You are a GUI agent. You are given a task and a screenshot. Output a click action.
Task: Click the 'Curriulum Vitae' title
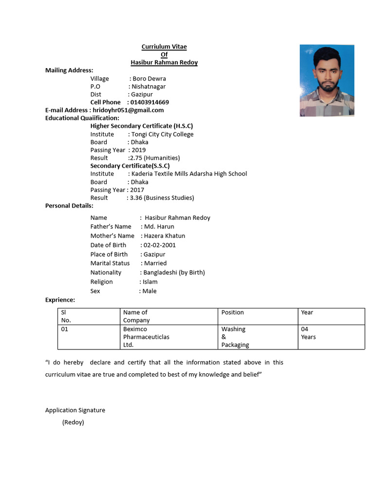tap(164, 47)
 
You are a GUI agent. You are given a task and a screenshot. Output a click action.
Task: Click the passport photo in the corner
tap(327, 80)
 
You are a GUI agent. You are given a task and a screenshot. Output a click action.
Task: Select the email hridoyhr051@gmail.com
tap(128, 110)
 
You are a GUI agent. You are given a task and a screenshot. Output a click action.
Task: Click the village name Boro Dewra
tap(149, 78)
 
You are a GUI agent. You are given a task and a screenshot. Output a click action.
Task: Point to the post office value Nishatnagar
tap(149, 86)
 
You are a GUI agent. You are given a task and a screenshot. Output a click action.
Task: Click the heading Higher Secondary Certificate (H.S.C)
tap(141, 126)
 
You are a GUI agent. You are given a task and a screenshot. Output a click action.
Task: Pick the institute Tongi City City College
tap(162, 134)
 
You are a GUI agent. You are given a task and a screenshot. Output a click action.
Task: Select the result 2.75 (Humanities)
tap(154, 158)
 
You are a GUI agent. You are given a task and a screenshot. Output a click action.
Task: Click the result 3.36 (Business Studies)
tap(162, 198)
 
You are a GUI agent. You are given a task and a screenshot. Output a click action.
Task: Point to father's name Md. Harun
tap(159, 227)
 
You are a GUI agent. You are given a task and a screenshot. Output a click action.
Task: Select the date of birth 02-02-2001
tap(160, 245)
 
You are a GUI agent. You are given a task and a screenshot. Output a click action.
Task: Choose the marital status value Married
tap(155, 263)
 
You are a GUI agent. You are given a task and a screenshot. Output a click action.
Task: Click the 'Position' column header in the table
tap(232, 312)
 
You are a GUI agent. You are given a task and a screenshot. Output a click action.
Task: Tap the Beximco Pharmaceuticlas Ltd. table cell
tap(146, 337)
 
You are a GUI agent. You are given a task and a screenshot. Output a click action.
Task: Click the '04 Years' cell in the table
tap(308, 333)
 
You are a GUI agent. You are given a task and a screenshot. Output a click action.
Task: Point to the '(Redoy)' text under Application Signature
tap(73, 422)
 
